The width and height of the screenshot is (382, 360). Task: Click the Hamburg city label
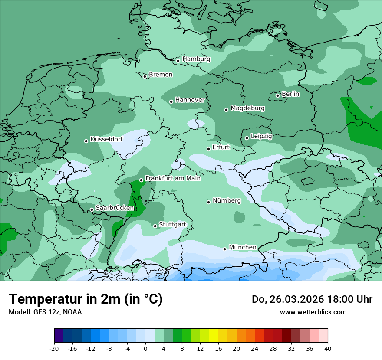pos(196,59)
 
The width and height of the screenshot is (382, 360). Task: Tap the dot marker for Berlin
pos(278,95)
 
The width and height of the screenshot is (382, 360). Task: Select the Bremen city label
pos(161,75)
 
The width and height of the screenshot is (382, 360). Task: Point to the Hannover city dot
pos(171,101)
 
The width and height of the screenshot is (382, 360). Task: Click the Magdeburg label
pos(247,108)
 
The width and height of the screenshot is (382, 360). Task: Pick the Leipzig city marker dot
pos(247,138)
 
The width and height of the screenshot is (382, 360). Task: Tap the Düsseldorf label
pos(106,140)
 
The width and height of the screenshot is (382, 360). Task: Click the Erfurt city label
pos(221,147)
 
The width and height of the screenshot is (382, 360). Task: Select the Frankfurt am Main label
pos(173,178)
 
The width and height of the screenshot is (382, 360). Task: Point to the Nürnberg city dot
pos(208,202)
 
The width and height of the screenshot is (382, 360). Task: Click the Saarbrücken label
pos(115,208)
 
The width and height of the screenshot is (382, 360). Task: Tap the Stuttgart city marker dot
pos(155,226)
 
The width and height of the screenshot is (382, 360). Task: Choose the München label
pos(242,247)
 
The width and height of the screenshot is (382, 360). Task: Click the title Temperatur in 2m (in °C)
pos(86,299)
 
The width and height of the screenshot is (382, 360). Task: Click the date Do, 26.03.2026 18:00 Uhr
pos(312,299)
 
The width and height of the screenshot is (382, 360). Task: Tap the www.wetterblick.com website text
pos(313,312)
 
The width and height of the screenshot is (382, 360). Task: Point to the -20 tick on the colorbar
pos(54,349)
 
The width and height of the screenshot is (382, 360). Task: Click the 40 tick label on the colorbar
pos(327,349)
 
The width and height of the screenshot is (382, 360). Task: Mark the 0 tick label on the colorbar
pos(145,349)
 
